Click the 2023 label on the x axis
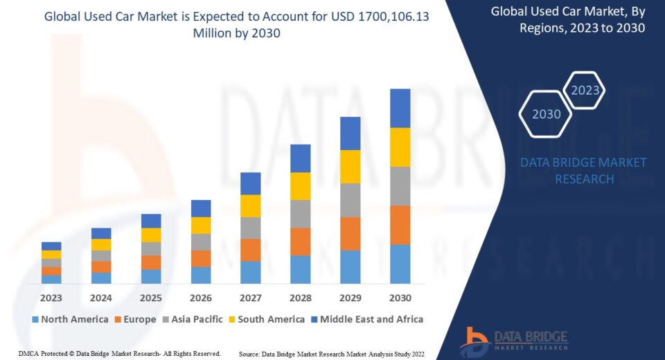click(51, 298)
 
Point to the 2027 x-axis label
click(250, 298)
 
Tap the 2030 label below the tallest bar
click(400, 298)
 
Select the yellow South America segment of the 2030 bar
click(400, 147)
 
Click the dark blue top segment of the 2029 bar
click(350, 133)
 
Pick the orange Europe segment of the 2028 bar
click(300, 242)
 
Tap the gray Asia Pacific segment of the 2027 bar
click(250, 228)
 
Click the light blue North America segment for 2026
click(201, 275)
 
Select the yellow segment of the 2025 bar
click(151, 235)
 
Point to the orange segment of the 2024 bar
click(101, 267)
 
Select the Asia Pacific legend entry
click(193, 319)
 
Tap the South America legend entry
click(268, 319)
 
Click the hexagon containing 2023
click(585, 90)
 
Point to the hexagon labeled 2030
click(546, 114)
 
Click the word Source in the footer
click(250, 354)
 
